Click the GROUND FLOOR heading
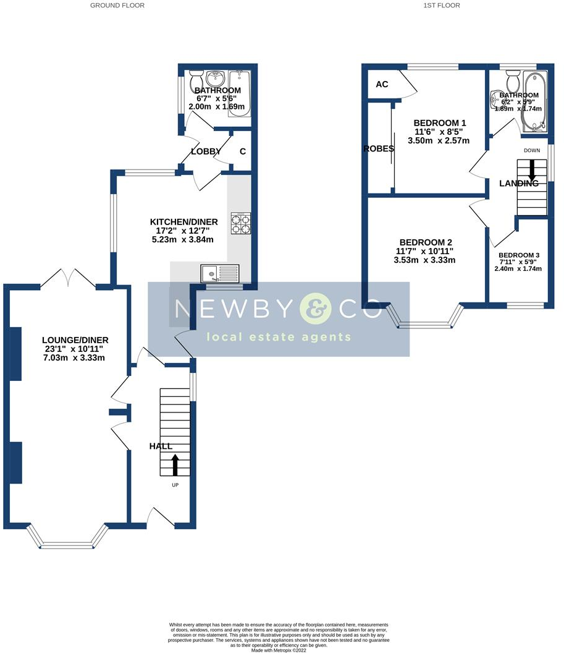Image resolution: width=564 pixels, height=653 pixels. (x=117, y=6)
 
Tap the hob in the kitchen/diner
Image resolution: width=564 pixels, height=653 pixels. (x=241, y=223)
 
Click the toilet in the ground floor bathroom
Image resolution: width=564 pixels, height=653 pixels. (x=196, y=80)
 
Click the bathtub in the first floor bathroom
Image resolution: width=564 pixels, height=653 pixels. (x=535, y=102)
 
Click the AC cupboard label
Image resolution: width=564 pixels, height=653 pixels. (x=382, y=84)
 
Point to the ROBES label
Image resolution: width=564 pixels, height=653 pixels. (x=379, y=148)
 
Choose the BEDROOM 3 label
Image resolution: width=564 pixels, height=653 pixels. (x=519, y=255)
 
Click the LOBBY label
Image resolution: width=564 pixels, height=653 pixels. (x=206, y=152)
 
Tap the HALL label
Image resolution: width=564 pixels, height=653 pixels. (x=161, y=446)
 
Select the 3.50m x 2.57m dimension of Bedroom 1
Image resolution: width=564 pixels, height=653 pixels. (x=439, y=141)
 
